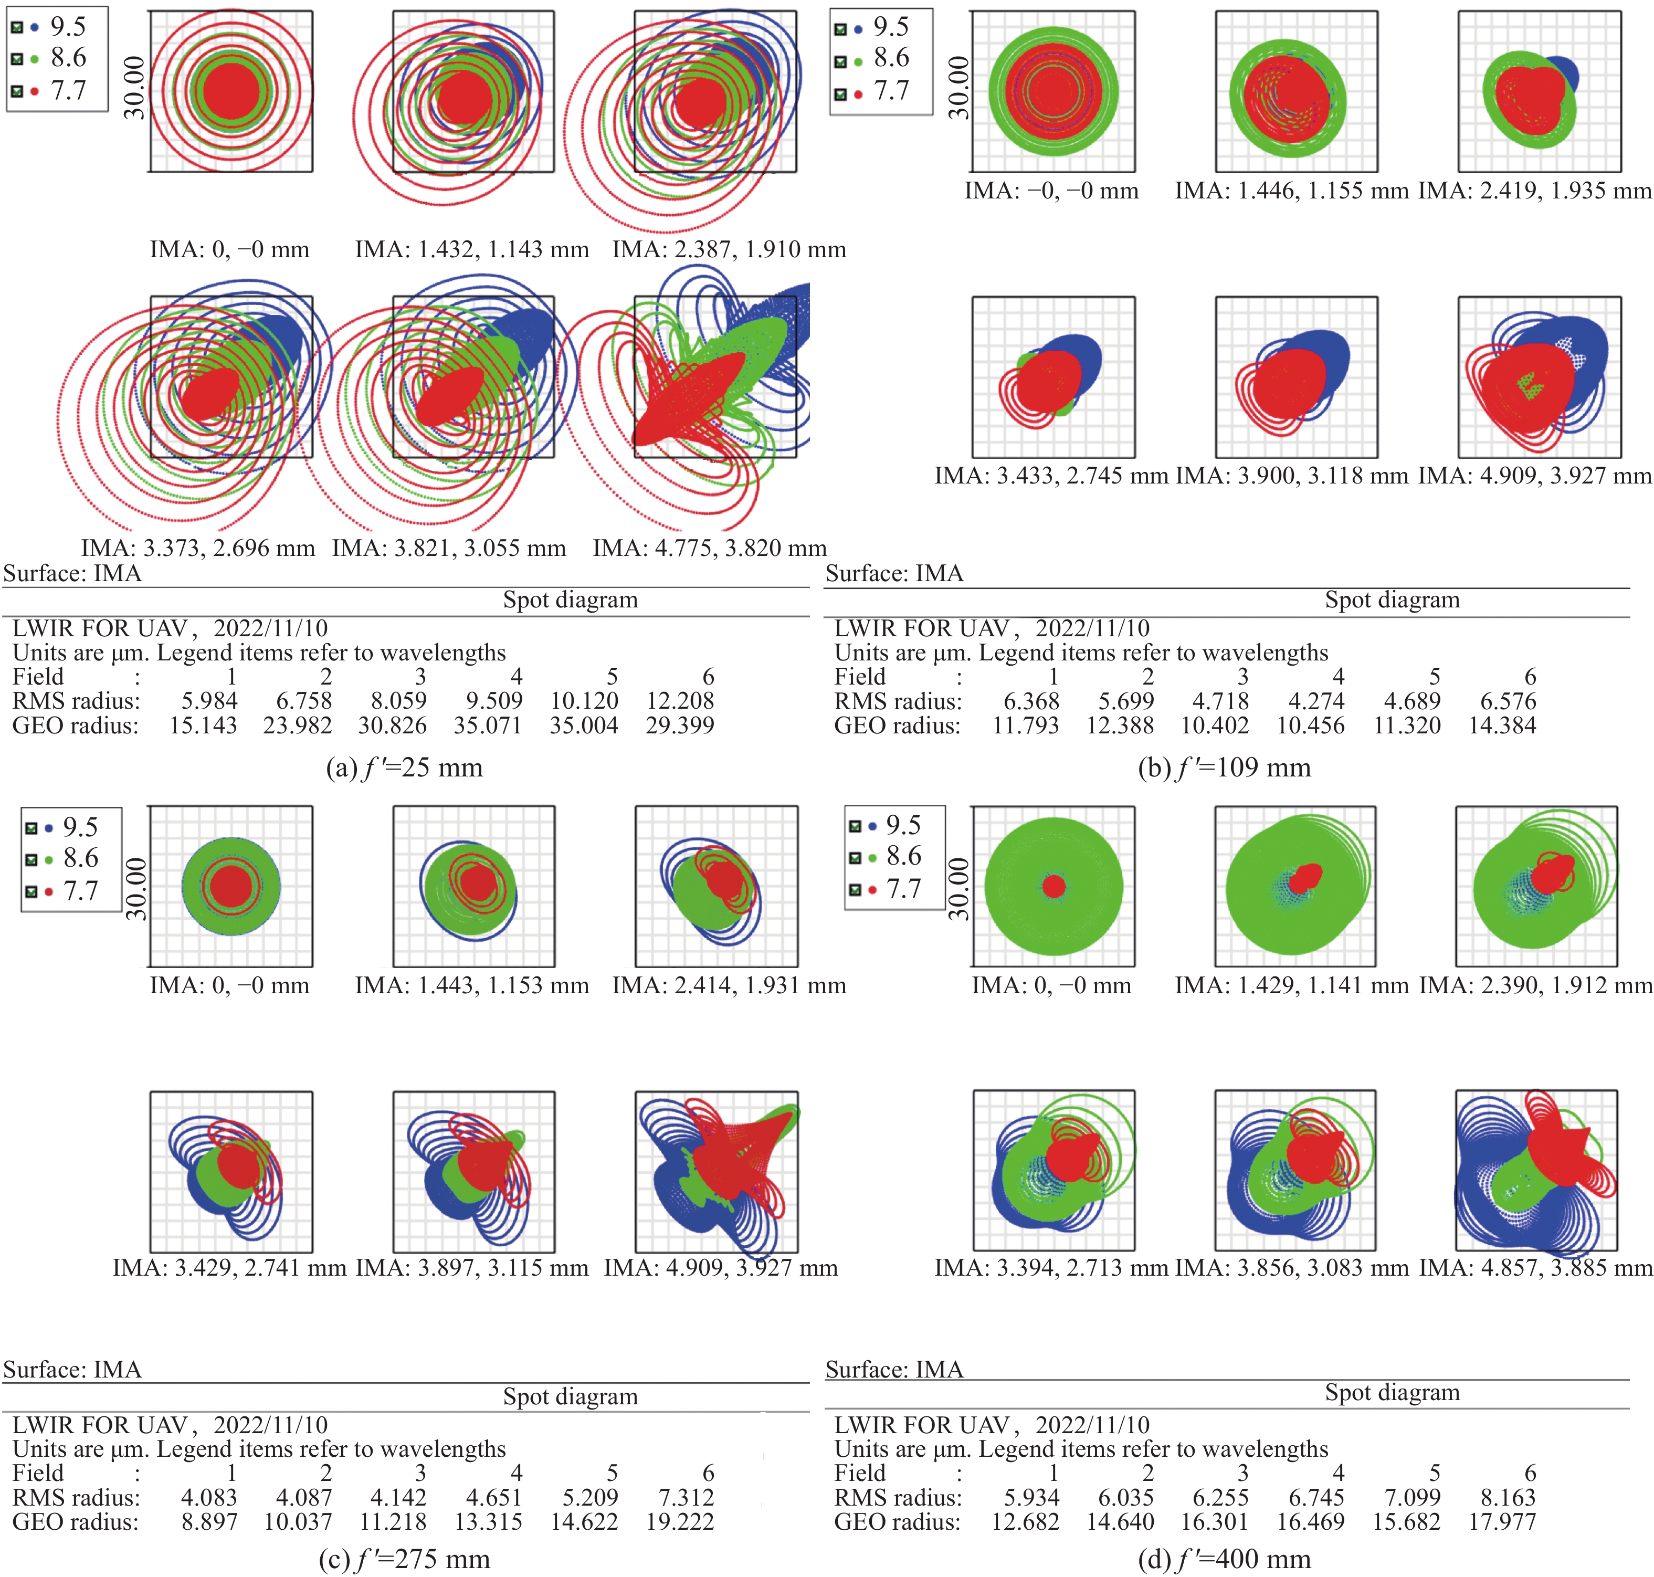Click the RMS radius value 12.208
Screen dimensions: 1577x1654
click(x=679, y=700)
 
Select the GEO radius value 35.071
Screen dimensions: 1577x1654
click(x=488, y=726)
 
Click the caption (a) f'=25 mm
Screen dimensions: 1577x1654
click(x=404, y=768)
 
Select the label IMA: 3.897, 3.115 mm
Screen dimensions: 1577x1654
click(x=471, y=1268)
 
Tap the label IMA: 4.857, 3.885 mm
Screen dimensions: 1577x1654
click(x=1535, y=1268)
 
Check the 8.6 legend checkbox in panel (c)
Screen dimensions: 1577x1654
click(x=31, y=859)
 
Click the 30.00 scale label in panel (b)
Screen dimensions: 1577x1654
click(x=959, y=88)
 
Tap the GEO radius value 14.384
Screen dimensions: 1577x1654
click(x=1502, y=726)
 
